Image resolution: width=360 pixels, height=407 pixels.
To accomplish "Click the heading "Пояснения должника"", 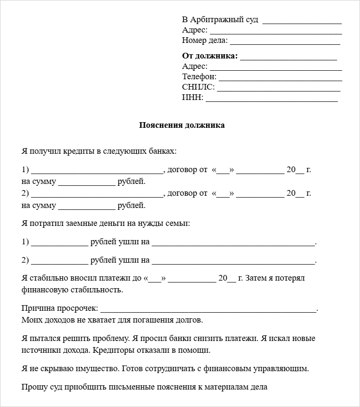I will [182, 125].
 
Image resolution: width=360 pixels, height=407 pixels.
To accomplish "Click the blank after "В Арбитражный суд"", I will [301, 21].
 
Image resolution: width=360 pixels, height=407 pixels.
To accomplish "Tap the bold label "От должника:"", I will [210, 56].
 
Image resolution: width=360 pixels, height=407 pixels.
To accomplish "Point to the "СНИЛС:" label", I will [198, 87].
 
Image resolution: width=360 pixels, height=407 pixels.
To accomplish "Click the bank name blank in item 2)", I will [97, 194].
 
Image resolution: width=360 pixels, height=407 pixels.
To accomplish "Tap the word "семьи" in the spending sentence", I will [178, 223].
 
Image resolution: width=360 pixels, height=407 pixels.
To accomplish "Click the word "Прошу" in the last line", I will [33, 387].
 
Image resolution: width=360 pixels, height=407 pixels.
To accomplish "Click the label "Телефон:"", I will [199, 77].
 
